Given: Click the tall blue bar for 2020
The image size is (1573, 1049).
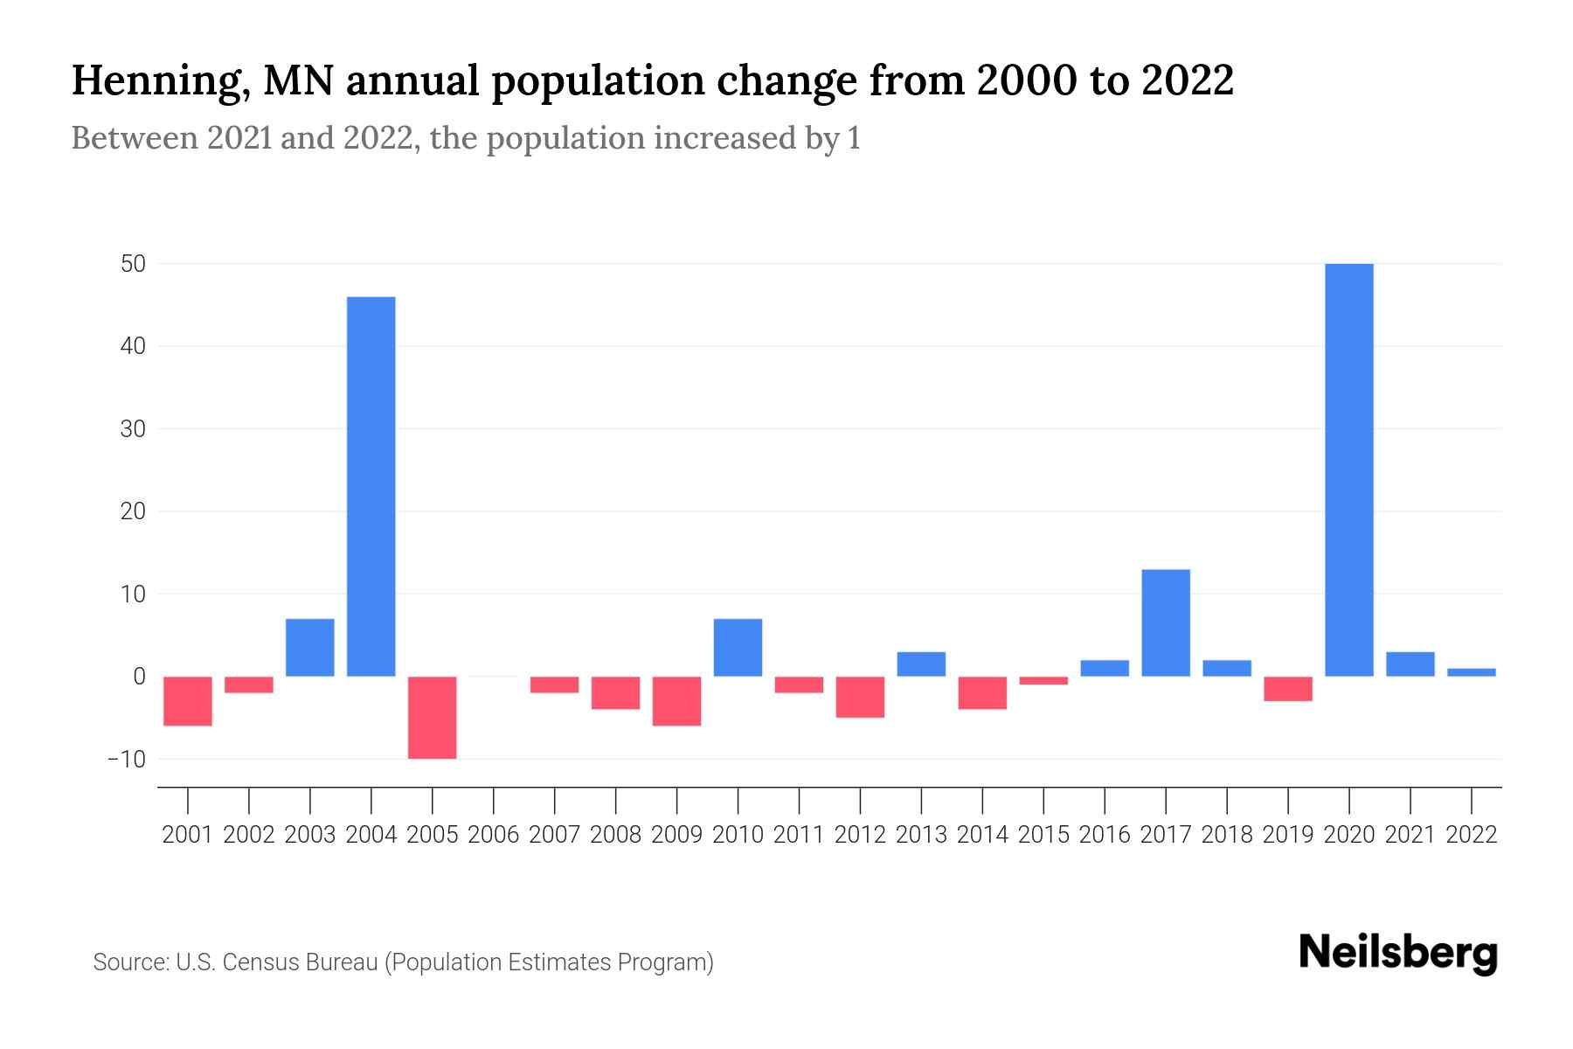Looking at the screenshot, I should [x=1348, y=469].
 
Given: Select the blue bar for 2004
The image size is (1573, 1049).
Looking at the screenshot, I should [x=371, y=486].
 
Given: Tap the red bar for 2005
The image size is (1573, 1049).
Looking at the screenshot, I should [x=432, y=717].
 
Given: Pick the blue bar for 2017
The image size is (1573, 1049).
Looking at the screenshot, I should [x=1165, y=622].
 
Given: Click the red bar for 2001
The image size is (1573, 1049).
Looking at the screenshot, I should [x=188, y=700].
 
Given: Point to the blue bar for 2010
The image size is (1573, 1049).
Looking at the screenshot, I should [x=738, y=647].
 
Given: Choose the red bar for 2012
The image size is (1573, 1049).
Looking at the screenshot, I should [x=860, y=697].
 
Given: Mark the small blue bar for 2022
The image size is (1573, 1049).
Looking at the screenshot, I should [x=1471, y=672].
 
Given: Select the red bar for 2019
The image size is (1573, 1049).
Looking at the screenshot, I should [x=1287, y=689].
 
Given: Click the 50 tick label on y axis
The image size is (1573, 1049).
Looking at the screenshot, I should [x=133, y=264].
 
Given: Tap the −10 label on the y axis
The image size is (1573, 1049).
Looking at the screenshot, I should [x=127, y=759].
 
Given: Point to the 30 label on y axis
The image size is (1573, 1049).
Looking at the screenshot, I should [x=133, y=429].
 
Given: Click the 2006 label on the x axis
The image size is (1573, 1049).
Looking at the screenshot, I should [x=493, y=835].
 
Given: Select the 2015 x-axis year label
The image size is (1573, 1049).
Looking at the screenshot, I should [x=1043, y=835].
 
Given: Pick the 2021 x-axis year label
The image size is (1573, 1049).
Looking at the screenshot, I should [x=1410, y=835].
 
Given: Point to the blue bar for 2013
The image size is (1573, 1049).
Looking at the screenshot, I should [x=921, y=663].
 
